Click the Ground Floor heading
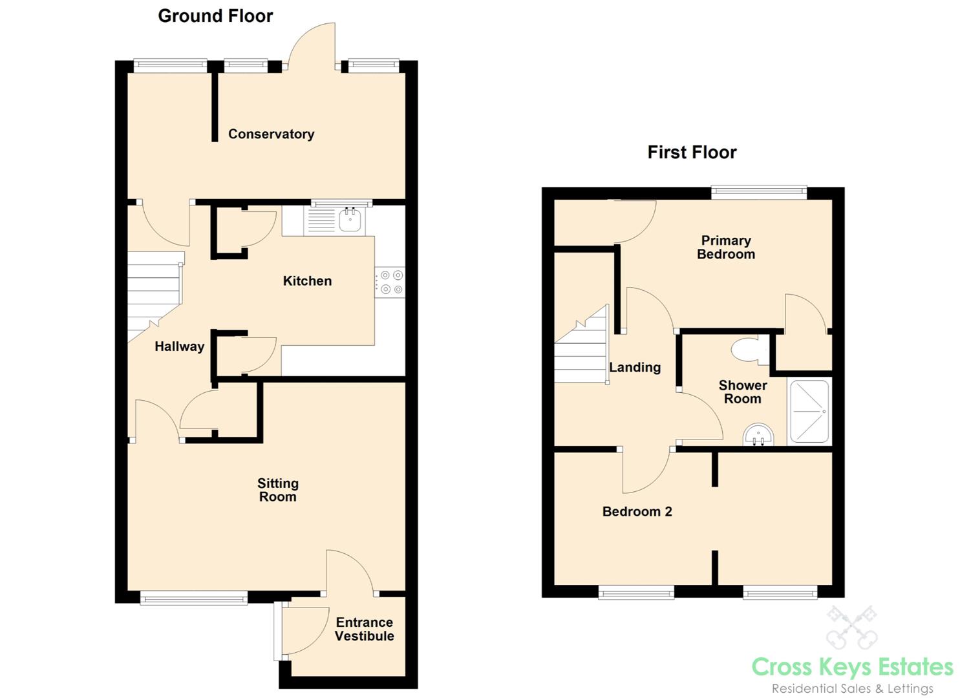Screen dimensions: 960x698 (215, 16)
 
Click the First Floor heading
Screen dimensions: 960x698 (692, 153)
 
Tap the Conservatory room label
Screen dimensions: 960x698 (271, 134)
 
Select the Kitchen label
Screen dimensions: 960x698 (307, 281)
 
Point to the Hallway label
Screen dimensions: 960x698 (179, 346)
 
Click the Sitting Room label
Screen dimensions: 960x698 (278, 490)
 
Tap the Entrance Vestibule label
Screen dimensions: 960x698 (365, 629)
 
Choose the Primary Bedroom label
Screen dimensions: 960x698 (726, 248)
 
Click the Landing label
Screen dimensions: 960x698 (635, 368)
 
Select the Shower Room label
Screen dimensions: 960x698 (743, 392)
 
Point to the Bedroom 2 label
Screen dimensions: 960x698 (637, 512)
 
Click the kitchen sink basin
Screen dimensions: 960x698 (350, 220)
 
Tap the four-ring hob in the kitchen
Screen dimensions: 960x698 (390, 282)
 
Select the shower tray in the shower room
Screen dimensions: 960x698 (809, 411)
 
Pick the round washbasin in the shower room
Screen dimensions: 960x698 (758, 435)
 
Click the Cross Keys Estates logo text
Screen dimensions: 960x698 (853, 667)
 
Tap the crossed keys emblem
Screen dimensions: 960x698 (851, 626)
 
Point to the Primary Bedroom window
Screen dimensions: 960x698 (759, 191)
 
